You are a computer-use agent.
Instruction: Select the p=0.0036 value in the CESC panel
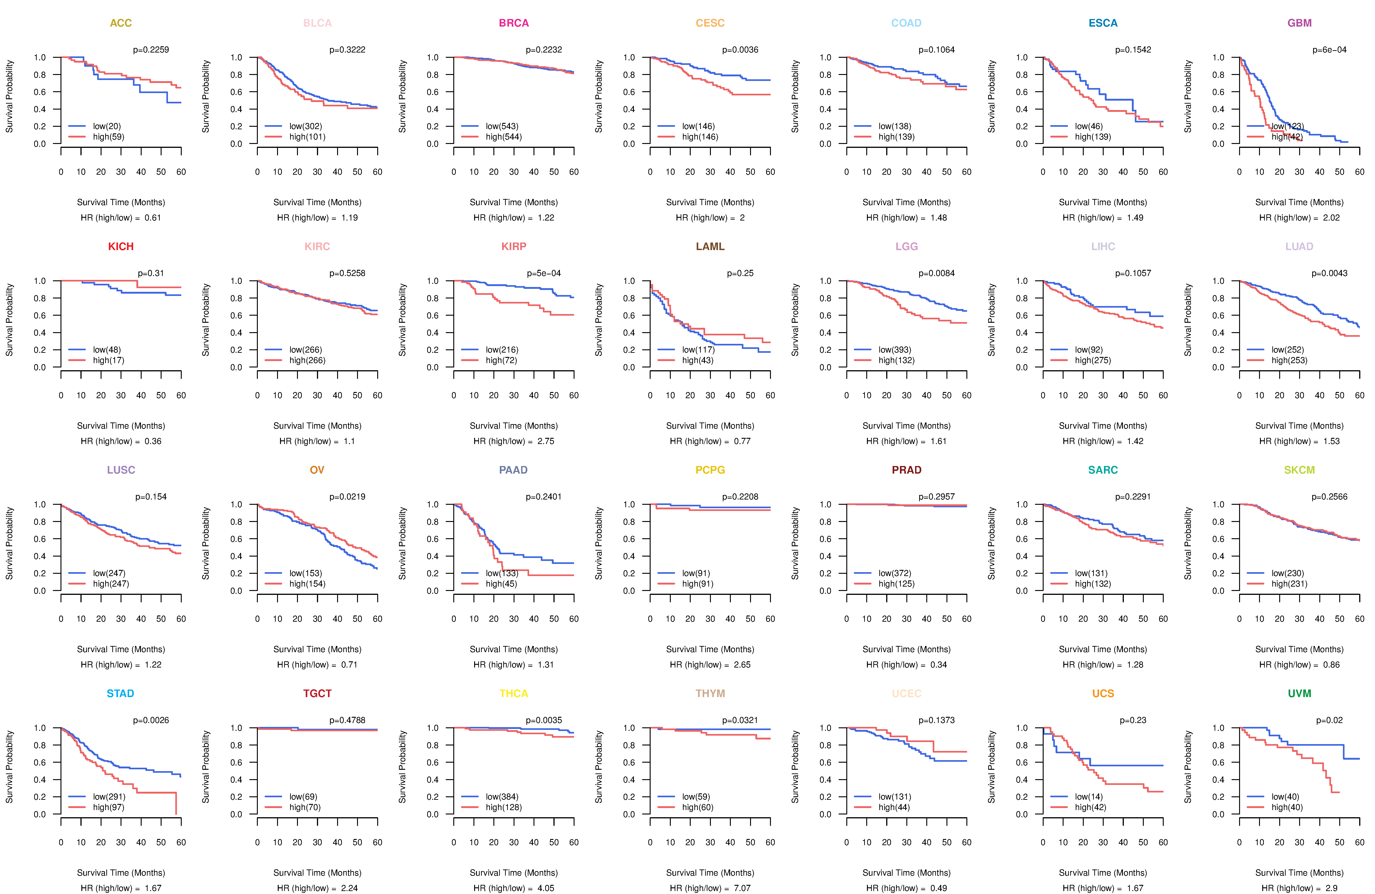[740, 50]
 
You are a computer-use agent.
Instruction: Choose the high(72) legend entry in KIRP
[501, 360]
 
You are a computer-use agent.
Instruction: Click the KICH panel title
[121, 247]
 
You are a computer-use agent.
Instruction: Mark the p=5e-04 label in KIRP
[544, 273]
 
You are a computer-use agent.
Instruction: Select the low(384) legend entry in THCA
[501, 796]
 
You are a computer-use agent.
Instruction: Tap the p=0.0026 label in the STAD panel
[151, 720]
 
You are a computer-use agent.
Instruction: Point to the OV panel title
[317, 470]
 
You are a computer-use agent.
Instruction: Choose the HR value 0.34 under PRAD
[938, 665]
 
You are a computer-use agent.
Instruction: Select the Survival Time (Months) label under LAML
[710, 426]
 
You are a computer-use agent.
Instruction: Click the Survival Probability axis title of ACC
[9, 97]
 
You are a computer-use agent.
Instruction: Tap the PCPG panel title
[710, 470]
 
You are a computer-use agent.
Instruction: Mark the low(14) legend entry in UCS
[1089, 796]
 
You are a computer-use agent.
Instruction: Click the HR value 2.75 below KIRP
[545, 441]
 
